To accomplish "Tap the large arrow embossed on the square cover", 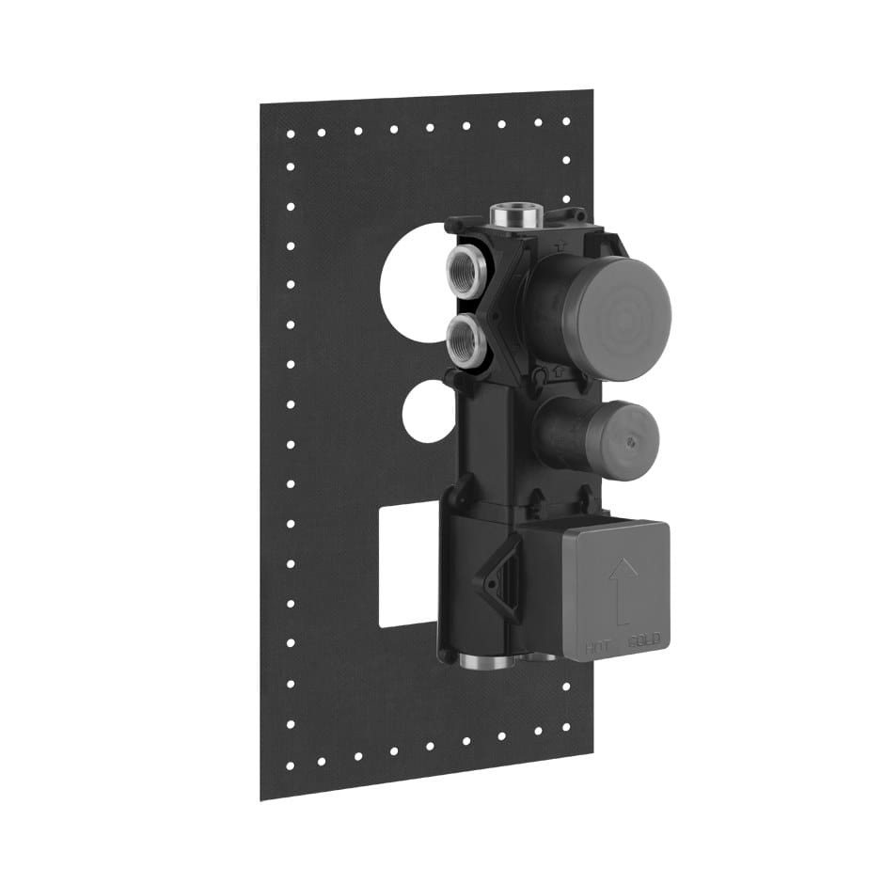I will coord(622,589).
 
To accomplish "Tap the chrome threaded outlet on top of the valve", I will coord(519,212).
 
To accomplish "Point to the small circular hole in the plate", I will coord(428,413).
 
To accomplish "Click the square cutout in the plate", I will coord(407,564).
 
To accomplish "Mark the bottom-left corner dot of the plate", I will coord(291,765).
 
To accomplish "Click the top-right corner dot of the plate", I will coord(566,121).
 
